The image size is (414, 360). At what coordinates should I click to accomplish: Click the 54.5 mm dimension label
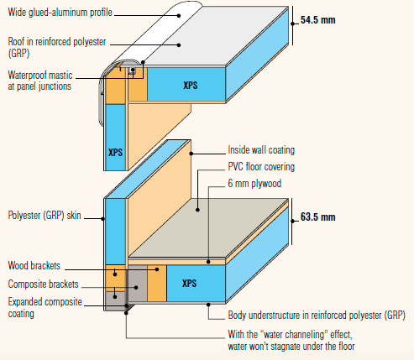318,20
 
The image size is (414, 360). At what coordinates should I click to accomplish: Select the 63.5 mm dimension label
318,217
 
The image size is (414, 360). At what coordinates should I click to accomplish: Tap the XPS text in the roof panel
191,86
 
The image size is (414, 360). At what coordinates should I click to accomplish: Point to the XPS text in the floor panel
189,283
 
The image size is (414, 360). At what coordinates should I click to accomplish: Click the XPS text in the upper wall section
115,153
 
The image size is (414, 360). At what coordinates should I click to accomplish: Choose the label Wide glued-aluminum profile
60,13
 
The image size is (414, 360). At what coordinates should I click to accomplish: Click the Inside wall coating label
261,150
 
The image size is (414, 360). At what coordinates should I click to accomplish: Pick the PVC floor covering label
261,167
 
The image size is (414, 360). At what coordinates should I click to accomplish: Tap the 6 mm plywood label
254,184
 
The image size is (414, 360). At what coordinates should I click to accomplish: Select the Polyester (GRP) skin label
45,216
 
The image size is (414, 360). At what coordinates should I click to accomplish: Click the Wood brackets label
34,265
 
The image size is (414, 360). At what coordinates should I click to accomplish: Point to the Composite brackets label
43,284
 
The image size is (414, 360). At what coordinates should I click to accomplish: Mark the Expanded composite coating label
45,308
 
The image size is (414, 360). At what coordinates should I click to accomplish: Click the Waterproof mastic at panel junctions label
40,81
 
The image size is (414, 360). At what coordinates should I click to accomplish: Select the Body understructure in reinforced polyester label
317,316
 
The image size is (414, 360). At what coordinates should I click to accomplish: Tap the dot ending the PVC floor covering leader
197,210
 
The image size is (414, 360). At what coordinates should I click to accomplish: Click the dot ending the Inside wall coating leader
191,154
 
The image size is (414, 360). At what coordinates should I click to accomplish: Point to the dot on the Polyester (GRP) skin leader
103,219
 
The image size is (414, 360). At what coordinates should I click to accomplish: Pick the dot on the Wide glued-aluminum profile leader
179,15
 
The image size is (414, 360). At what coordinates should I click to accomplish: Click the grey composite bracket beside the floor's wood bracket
138,283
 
